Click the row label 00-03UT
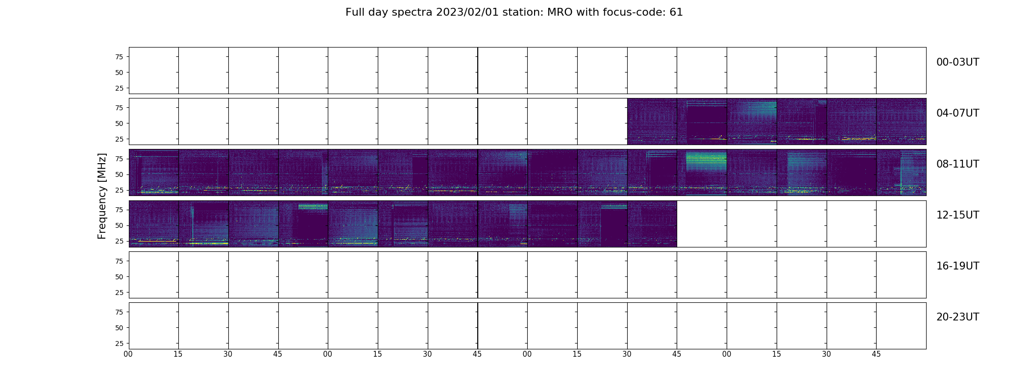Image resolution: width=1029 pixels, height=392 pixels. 957,62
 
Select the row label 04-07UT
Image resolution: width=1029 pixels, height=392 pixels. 957,113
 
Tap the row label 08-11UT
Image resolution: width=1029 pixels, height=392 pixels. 957,164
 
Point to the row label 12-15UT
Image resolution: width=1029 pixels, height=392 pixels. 957,215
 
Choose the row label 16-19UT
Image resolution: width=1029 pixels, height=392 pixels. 957,266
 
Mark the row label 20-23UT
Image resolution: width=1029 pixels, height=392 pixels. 957,317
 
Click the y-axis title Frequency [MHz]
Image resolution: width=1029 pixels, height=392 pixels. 102,196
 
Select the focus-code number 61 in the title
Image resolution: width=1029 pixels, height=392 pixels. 676,12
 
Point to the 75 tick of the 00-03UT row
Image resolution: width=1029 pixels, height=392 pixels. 119,57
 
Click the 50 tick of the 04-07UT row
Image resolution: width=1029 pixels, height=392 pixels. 119,123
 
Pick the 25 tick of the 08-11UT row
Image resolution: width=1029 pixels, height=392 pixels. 119,190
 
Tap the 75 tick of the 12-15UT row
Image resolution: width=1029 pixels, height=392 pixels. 119,210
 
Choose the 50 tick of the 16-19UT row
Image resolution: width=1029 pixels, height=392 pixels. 119,277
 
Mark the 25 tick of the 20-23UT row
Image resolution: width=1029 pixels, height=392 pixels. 119,343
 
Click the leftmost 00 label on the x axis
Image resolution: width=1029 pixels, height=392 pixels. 128,354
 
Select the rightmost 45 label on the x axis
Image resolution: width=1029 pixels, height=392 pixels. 876,354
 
